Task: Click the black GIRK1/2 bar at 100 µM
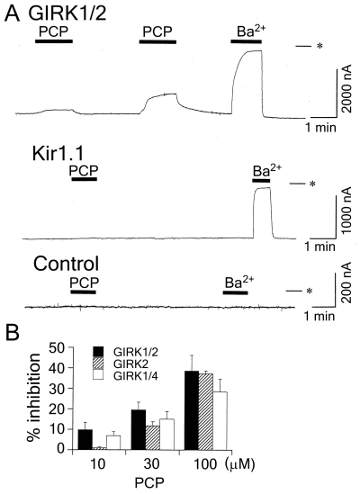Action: point(192,410)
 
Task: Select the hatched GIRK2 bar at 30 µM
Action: point(153,437)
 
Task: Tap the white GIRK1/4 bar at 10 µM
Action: point(113,443)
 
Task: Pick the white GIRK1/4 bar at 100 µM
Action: point(220,420)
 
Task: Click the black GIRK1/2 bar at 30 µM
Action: point(139,430)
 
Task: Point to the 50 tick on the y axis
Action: point(70,347)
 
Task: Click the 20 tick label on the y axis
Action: point(57,409)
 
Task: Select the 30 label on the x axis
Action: point(151,464)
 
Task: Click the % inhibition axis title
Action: point(34,399)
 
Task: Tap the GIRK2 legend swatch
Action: point(99,363)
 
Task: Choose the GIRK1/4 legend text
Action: point(136,375)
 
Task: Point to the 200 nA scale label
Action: point(346,283)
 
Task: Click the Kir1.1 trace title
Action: point(58,155)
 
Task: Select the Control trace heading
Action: point(67,264)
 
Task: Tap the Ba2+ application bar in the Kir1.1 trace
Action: point(261,180)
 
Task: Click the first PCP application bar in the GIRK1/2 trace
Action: point(54,41)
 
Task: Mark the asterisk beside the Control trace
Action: point(310,291)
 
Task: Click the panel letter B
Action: point(13,333)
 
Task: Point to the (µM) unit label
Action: point(240,464)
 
